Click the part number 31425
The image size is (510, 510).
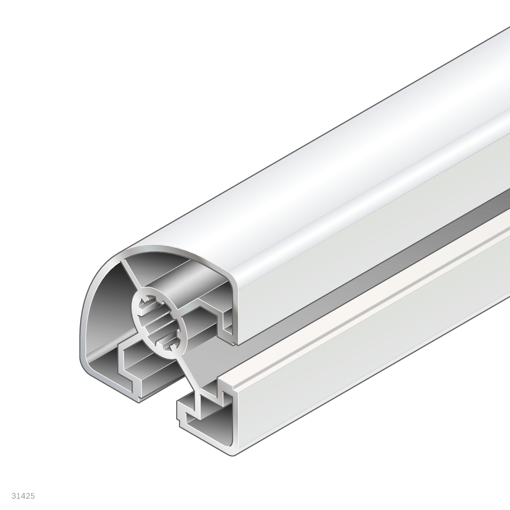click(23, 496)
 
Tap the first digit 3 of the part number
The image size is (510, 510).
click(14, 496)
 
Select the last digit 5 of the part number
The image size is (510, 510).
click(33, 496)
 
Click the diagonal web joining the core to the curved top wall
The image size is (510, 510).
click(131, 274)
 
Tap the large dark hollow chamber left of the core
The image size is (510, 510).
click(104, 312)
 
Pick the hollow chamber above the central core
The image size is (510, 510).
click(182, 277)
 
